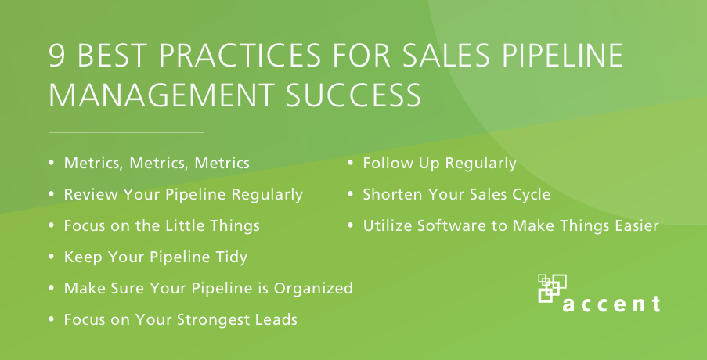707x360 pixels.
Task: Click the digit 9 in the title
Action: coord(57,56)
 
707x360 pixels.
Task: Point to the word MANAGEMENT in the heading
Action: coord(161,95)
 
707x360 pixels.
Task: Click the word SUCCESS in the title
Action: coord(354,95)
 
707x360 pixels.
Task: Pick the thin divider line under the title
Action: coord(126,132)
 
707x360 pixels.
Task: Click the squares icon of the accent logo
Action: coord(552,288)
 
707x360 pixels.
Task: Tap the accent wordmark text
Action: coord(611,304)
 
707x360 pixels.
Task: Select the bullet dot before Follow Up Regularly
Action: coord(350,163)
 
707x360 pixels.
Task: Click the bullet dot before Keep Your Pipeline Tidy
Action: coord(52,257)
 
